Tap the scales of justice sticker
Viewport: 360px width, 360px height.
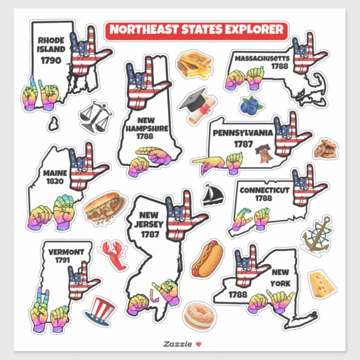(x=93, y=116)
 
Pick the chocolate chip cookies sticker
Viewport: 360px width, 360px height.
(x=325, y=149)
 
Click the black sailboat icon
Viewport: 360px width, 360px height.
(x=213, y=194)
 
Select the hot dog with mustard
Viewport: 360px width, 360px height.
(x=207, y=258)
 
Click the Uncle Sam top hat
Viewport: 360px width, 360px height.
(x=101, y=311)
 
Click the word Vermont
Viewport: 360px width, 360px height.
(x=66, y=252)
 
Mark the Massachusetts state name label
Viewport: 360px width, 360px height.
(x=262, y=58)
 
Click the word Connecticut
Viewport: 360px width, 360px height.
(x=264, y=190)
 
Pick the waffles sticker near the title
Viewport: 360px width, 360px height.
(x=194, y=65)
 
